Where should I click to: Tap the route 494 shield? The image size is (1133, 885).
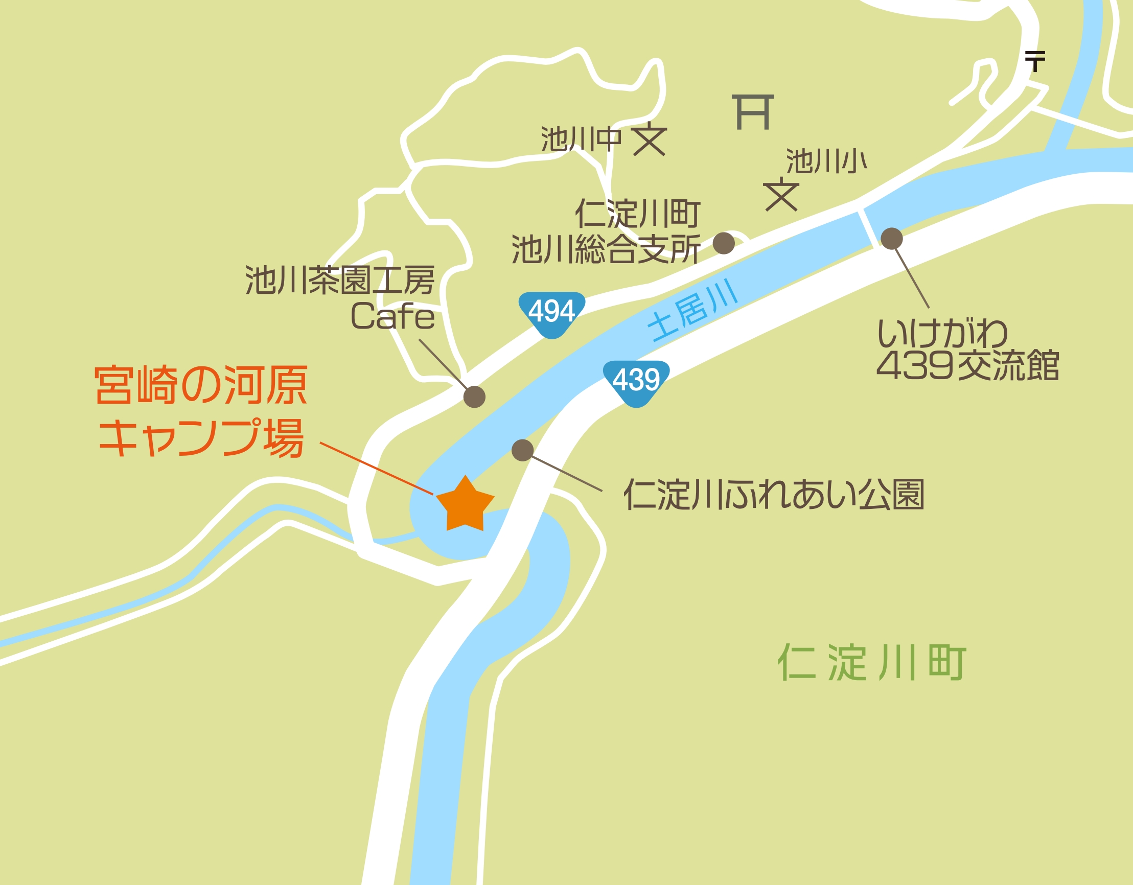551,313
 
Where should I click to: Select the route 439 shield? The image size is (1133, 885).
636,381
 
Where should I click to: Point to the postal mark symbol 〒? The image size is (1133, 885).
1035,61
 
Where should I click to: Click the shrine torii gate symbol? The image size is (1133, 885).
753,112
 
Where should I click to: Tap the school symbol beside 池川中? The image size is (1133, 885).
650,139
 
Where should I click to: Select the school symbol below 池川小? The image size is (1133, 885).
781,195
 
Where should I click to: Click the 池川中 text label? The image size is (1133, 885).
581,139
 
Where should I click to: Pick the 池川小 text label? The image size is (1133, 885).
826,161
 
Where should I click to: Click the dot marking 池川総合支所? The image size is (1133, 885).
724,243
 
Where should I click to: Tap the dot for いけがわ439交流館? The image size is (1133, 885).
891,239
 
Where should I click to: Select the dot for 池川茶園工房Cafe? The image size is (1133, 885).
474,397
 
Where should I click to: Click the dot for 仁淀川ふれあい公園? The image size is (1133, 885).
522,450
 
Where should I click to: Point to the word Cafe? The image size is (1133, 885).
392,316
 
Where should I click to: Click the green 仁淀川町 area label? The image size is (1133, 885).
871,663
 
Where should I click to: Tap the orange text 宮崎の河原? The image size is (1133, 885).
201,385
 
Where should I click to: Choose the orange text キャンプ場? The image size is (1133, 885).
201,438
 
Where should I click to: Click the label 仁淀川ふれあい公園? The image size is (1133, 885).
774,495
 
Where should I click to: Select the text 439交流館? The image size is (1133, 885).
967,366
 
